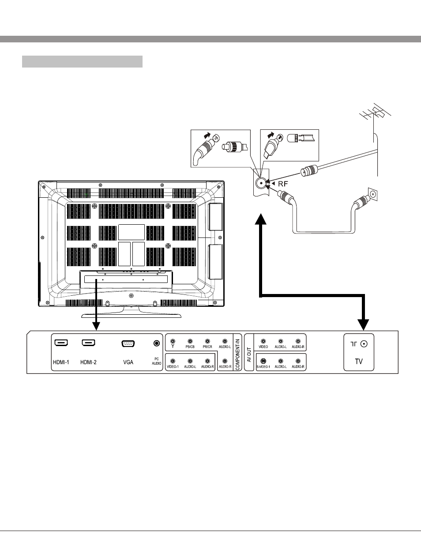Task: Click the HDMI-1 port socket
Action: tap(61, 343)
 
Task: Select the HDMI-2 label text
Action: tap(88, 362)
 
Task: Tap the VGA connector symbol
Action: tap(128, 343)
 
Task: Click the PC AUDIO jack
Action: tap(157, 343)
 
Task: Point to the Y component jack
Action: tap(173, 342)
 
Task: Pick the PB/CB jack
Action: tap(190, 342)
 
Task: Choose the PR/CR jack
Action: tap(207, 342)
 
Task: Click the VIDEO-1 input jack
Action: tap(173, 361)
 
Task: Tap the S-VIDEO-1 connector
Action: tap(263, 361)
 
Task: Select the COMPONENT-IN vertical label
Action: tap(237, 354)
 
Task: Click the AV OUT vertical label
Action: tap(249, 355)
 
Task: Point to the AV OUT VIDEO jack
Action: tap(263, 341)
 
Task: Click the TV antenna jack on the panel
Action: tap(364, 344)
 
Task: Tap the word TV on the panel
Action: tap(359, 362)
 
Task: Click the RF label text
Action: tap(283, 184)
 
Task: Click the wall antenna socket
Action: tap(372, 194)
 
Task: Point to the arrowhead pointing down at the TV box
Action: tap(364, 324)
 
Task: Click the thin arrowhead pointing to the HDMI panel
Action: tap(96, 326)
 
